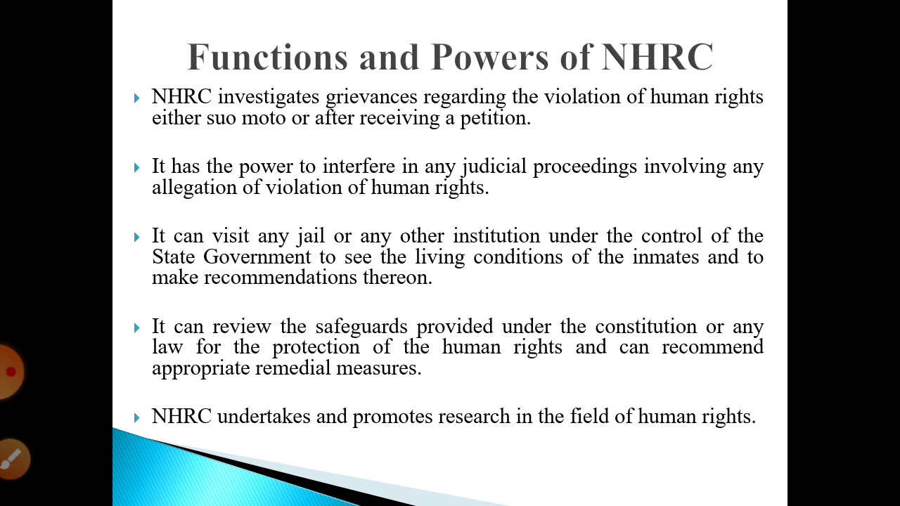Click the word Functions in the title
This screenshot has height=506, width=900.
click(267, 57)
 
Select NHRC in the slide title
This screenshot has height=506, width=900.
click(657, 57)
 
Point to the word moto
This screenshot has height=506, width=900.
click(264, 117)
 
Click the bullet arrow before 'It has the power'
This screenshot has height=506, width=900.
click(137, 167)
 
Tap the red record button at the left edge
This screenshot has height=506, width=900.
click(10, 371)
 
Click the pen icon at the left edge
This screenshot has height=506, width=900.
click(11, 459)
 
